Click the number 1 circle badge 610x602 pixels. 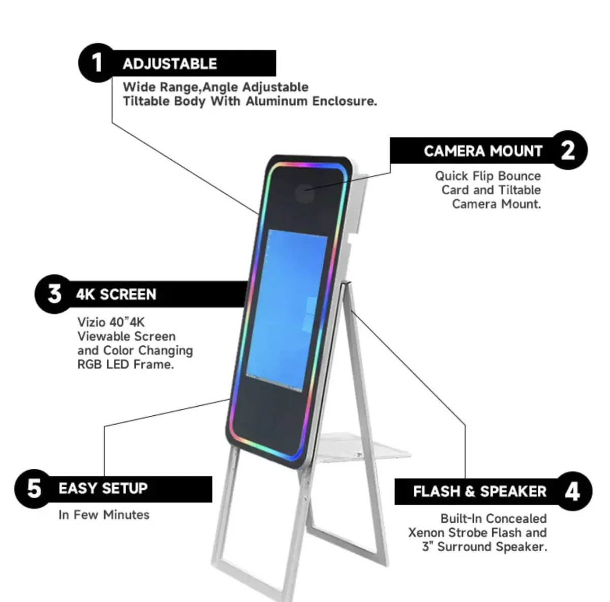[98, 63]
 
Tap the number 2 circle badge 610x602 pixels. [568, 150]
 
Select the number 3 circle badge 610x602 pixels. [54, 294]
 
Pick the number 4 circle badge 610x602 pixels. [572, 492]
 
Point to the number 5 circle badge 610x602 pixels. [34, 489]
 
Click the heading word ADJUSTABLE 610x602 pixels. [170, 64]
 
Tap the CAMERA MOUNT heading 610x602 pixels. [483, 151]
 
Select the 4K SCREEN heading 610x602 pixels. [116, 294]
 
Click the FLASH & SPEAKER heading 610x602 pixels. [480, 492]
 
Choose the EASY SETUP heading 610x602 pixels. [103, 488]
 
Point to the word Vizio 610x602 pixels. [91, 322]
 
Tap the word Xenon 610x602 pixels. [426, 533]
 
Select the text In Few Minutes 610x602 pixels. [104, 515]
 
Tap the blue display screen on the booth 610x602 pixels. [287, 311]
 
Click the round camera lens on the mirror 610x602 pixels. [304, 193]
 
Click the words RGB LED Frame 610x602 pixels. [126, 365]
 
